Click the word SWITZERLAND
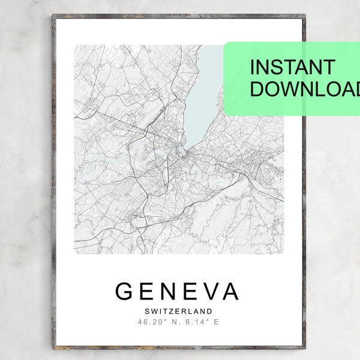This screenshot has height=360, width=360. (178, 311)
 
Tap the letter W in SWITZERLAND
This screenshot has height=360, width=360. (153, 311)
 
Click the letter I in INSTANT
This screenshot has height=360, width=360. (253, 67)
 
